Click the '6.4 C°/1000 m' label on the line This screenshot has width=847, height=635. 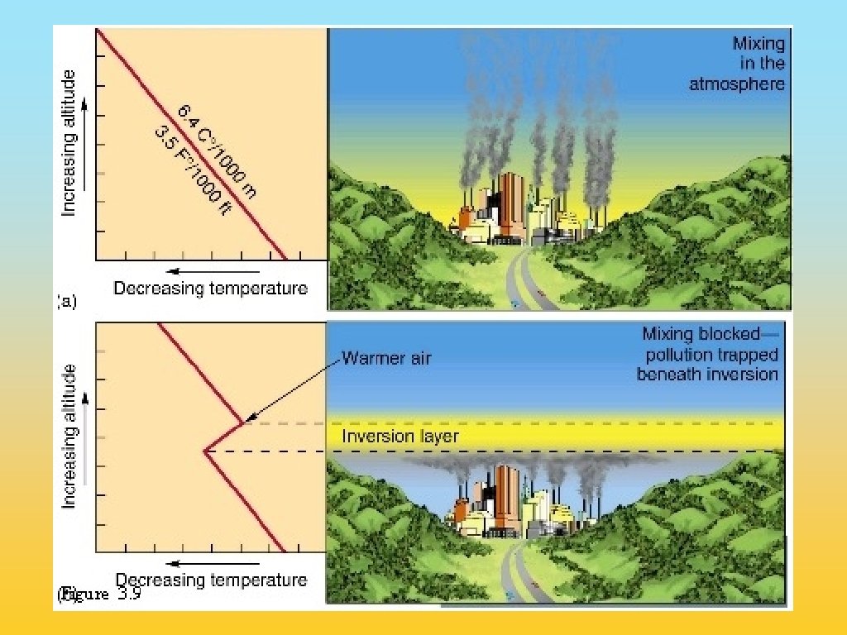pyautogui.click(x=217, y=150)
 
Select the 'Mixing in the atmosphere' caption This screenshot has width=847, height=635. pyautogui.click(x=737, y=64)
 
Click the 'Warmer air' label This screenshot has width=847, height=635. pyautogui.click(x=386, y=358)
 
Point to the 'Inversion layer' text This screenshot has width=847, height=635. pyautogui.click(x=400, y=436)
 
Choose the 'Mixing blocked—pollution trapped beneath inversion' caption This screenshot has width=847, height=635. pyautogui.click(x=709, y=354)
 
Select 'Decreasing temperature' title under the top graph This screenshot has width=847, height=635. pyautogui.click(x=210, y=289)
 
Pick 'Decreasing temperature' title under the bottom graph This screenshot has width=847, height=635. pyautogui.click(x=211, y=580)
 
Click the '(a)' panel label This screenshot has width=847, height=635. pyautogui.click(x=67, y=302)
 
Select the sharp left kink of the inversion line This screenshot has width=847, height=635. pyautogui.click(x=204, y=451)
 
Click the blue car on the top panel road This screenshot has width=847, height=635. pyautogui.click(x=515, y=304)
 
